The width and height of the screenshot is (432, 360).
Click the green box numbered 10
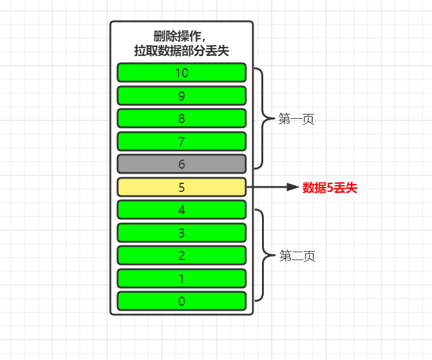coord(182,72)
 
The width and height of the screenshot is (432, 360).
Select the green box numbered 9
coord(182,96)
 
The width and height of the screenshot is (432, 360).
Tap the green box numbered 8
coord(182,118)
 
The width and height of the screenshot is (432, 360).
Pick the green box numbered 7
coord(182,141)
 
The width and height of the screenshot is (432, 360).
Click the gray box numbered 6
coord(182,164)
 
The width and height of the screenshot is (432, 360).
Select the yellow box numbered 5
coord(182,187)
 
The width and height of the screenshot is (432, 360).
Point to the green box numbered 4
coord(182,210)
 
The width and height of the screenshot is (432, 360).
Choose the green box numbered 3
coord(182,233)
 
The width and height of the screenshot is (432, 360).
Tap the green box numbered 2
coord(182,255)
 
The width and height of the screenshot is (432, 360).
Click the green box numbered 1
coord(182,278)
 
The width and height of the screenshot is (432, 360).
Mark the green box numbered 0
coord(182,301)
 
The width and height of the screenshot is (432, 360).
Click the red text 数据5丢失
coord(330,188)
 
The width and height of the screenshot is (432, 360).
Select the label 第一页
coord(296,119)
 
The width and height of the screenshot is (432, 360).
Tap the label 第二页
coord(297,256)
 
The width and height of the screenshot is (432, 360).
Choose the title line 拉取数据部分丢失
coord(182,51)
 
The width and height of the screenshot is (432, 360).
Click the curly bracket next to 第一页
coord(262,118)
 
